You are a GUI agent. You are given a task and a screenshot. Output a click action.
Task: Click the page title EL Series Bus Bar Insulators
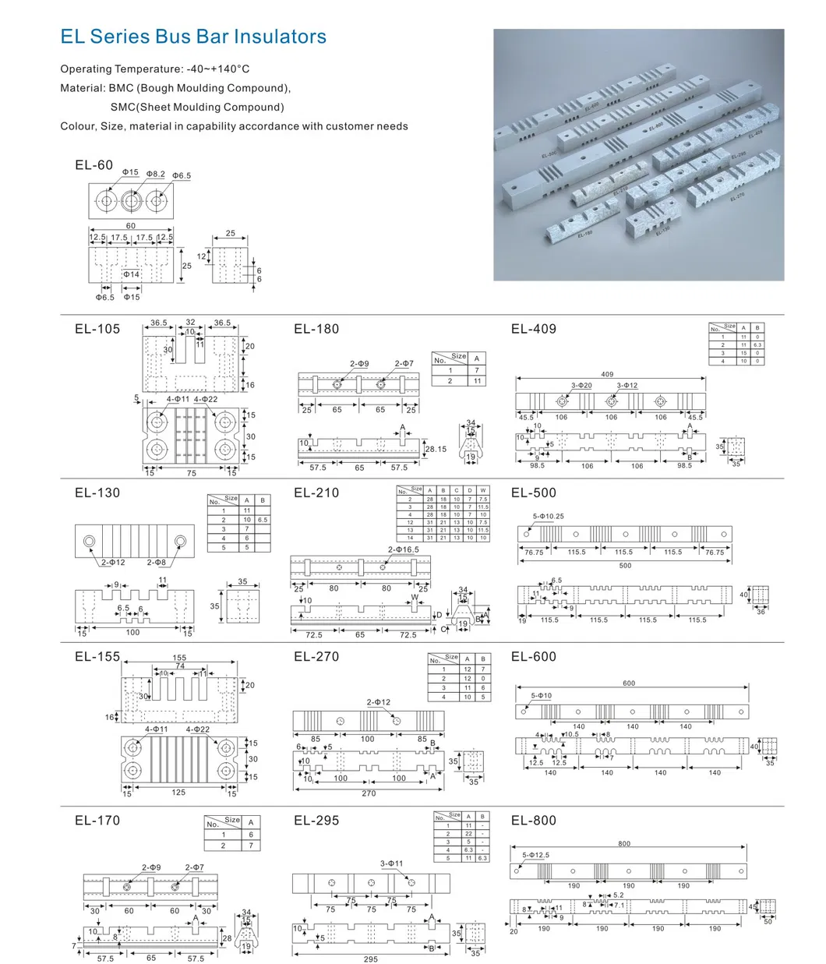click(193, 37)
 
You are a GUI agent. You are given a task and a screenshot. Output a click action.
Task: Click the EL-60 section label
click(94, 165)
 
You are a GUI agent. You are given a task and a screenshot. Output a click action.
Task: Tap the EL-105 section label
click(97, 329)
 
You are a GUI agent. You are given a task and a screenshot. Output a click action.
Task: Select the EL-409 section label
click(534, 329)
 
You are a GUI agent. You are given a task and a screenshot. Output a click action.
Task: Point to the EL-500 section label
click(534, 493)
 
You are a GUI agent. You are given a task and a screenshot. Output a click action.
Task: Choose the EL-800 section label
click(534, 820)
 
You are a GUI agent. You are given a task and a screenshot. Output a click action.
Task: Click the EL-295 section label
click(316, 820)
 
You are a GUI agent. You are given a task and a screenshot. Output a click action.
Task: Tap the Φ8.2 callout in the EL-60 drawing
click(156, 175)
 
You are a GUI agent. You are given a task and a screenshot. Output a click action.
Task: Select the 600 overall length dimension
click(629, 683)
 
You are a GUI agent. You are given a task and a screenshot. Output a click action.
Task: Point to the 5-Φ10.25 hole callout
click(548, 517)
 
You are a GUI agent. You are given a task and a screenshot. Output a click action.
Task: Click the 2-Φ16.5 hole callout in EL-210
click(404, 549)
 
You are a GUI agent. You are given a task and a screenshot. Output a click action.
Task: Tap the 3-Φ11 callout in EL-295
click(391, 863)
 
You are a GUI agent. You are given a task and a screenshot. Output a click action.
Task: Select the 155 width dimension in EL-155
click(180, 658)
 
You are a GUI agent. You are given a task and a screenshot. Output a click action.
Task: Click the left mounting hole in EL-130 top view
click(90, 541)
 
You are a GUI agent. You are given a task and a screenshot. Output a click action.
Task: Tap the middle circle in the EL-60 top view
click(131, 200)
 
